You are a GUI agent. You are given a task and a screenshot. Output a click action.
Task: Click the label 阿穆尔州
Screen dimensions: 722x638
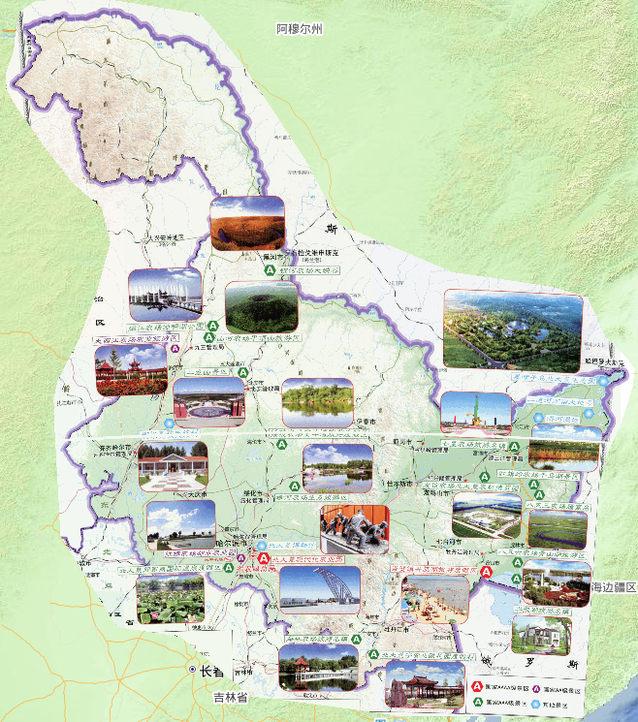tap(298, 30)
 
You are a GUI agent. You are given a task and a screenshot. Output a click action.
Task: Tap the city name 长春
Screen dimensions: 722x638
tap(211, 671)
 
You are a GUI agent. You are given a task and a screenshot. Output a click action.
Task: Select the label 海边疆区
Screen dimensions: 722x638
tap(613, 587)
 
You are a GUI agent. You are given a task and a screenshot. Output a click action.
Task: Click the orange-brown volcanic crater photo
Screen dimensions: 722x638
tap(247, 224)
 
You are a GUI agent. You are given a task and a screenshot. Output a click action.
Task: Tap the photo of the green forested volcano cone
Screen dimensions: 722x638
tap(261, 306)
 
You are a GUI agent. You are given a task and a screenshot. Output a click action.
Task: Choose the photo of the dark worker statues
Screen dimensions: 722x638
tap(354, 529)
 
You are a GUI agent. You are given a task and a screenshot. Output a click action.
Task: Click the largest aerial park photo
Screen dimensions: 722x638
tap(513, 330)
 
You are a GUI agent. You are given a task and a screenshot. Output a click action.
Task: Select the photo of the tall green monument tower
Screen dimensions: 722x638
tap(475, 413)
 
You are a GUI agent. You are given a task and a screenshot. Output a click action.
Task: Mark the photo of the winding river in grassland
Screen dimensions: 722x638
tap(557, 529)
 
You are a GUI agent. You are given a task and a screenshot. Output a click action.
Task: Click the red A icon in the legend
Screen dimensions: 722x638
tap(478, 687)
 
